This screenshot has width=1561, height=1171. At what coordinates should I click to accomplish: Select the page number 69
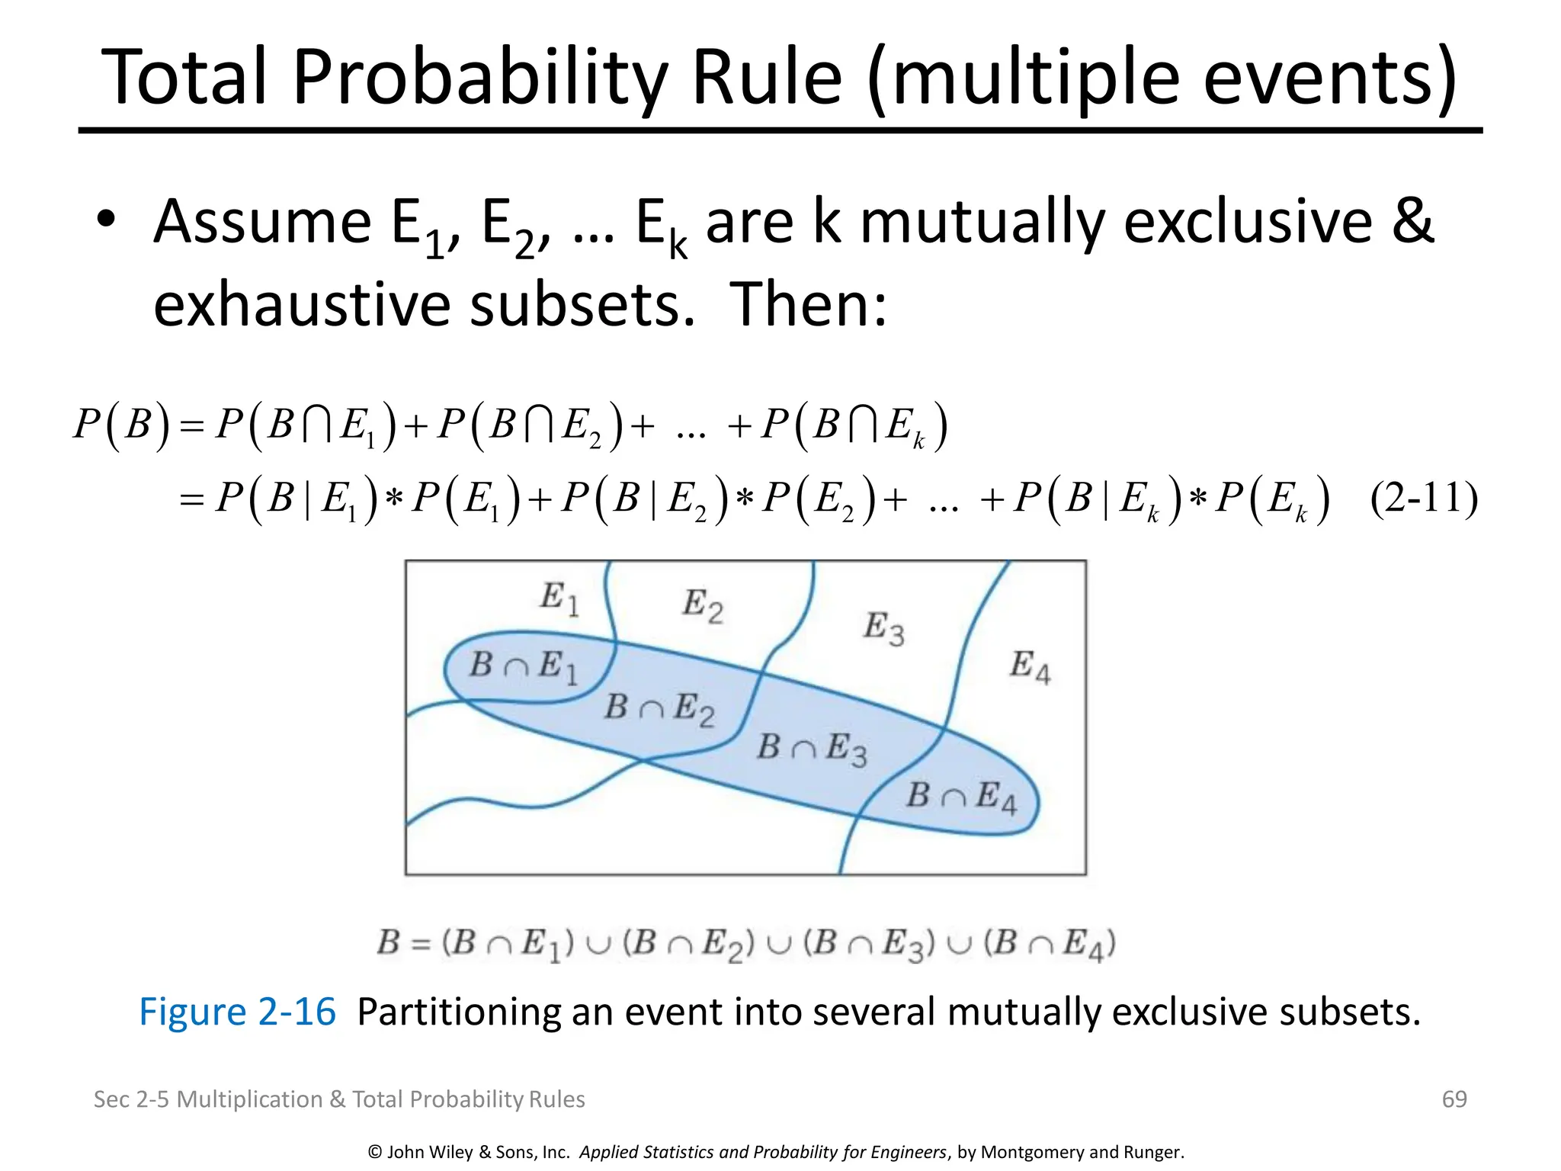tap(1454, 1099)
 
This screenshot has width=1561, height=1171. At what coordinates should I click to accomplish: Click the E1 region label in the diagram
tap(559, 598)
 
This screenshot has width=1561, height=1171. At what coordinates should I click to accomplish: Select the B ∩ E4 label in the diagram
tap(961, 797)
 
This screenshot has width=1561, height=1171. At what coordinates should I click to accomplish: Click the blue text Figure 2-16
tap(237, 1012)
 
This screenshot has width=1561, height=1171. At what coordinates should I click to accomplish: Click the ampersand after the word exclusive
tap(1412, 221)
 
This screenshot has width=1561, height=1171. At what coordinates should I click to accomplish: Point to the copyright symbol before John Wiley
tap(374, 1152)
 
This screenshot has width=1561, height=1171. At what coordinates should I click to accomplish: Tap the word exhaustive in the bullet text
tap(304, 304)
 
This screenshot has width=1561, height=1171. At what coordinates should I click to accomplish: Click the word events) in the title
tap(1329, 78)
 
